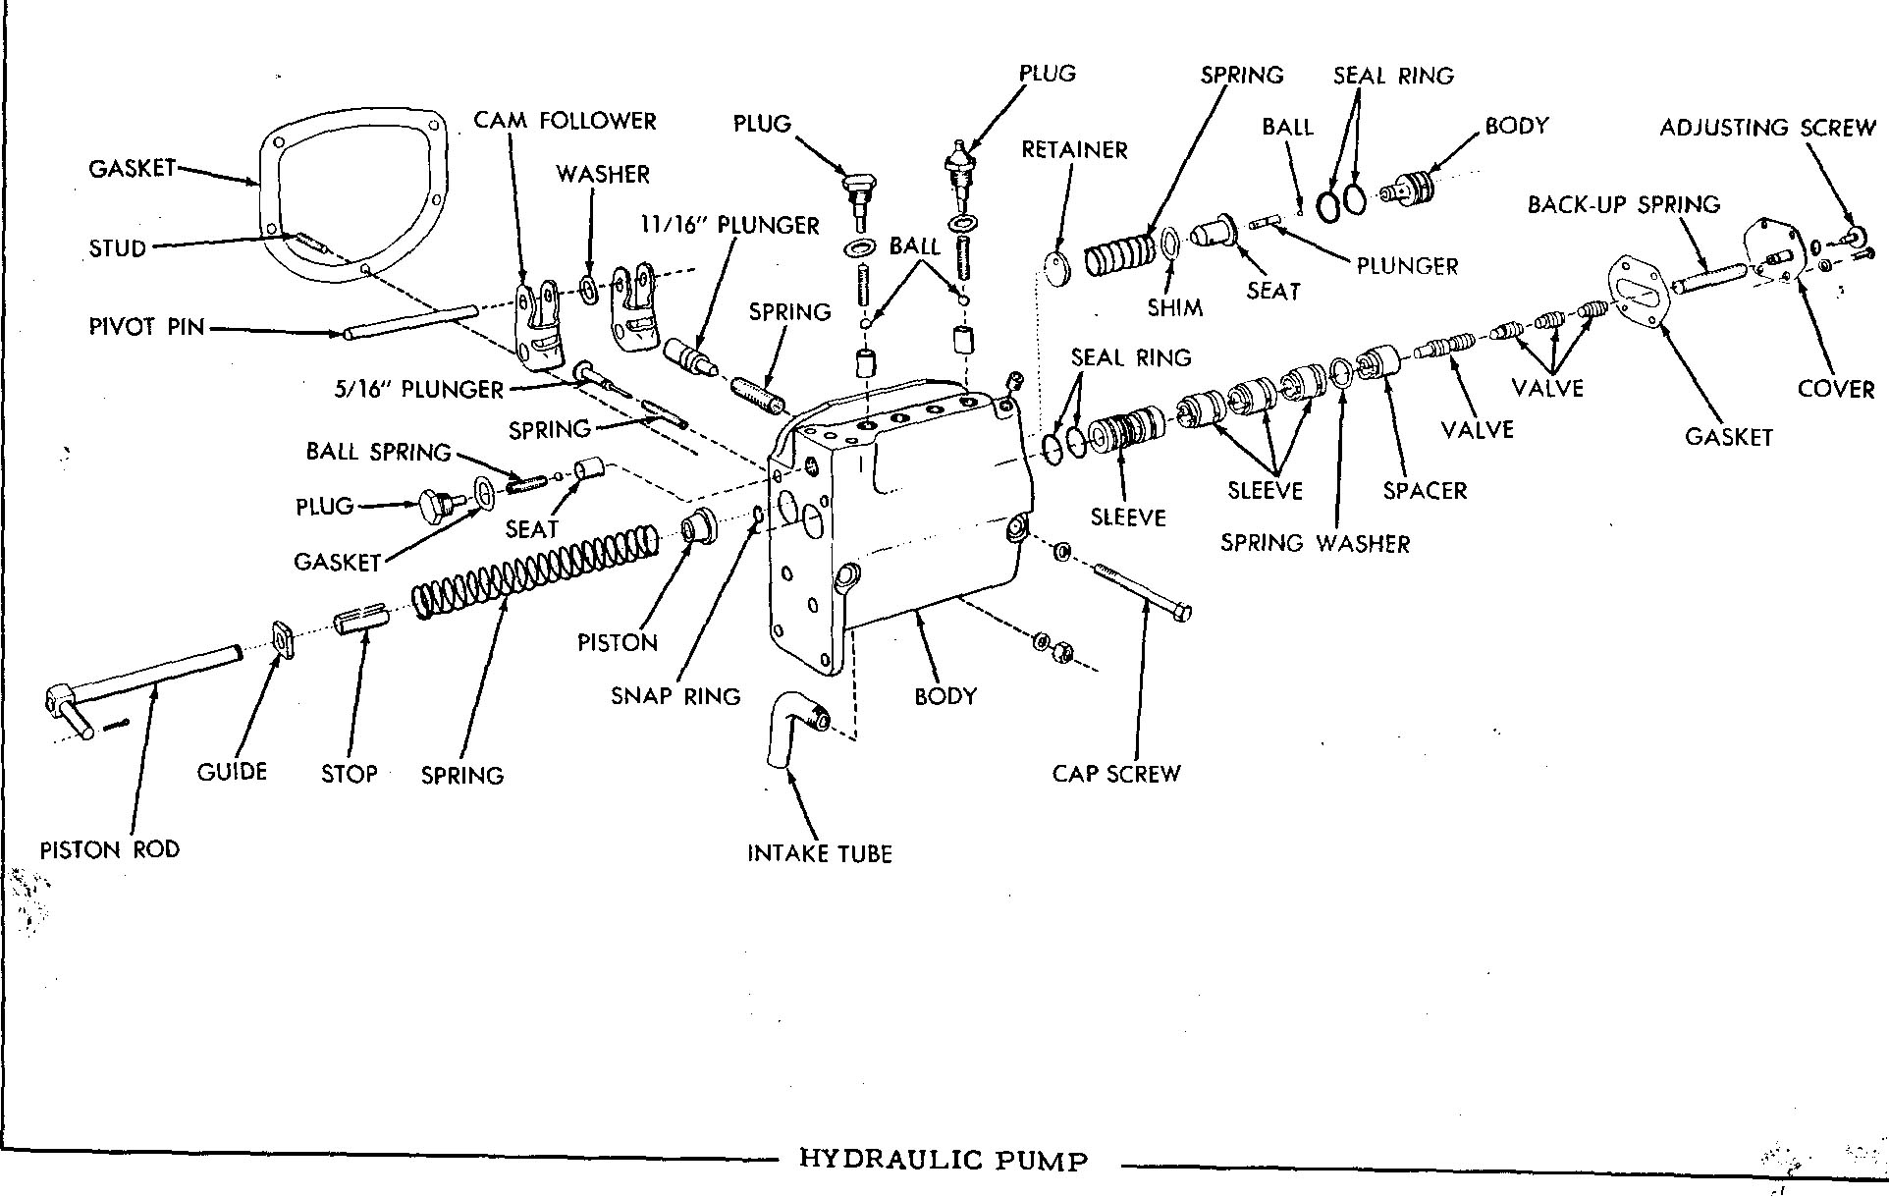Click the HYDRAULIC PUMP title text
point(944,1160)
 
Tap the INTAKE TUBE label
point(820,853)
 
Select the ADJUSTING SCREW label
point(1767,128)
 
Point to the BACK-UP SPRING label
point(1624,204)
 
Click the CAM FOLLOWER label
point(565,121)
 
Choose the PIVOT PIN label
point(146,327)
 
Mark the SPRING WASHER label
point(1315,543)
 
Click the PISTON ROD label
point(110,849)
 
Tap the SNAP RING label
point(675,696)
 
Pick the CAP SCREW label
point(1116,774)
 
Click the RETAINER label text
point(1074,149)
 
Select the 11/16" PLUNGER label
point(729,225)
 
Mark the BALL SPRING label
point(378,452)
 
